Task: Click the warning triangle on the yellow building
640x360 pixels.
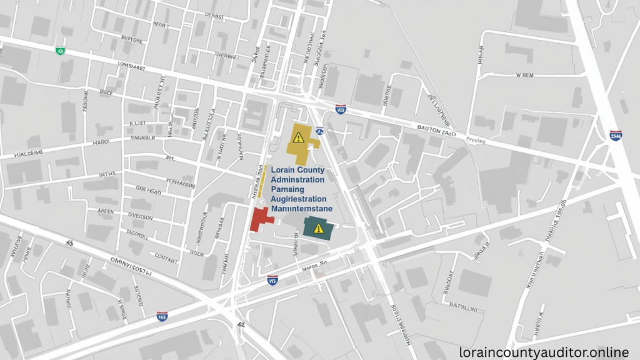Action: (x=299, y=137)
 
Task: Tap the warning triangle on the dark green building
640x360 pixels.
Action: (x=319, y=228)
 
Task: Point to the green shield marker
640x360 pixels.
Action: (x=61, y=51)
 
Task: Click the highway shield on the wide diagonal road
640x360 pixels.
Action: (x=616, y=135)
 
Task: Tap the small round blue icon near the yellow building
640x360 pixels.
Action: (x=319, y=131)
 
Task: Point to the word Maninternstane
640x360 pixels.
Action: (x=301, y=209)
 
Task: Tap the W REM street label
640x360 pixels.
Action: (x=524, y=75)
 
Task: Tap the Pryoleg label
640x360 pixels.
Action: (x=475, y=141)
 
